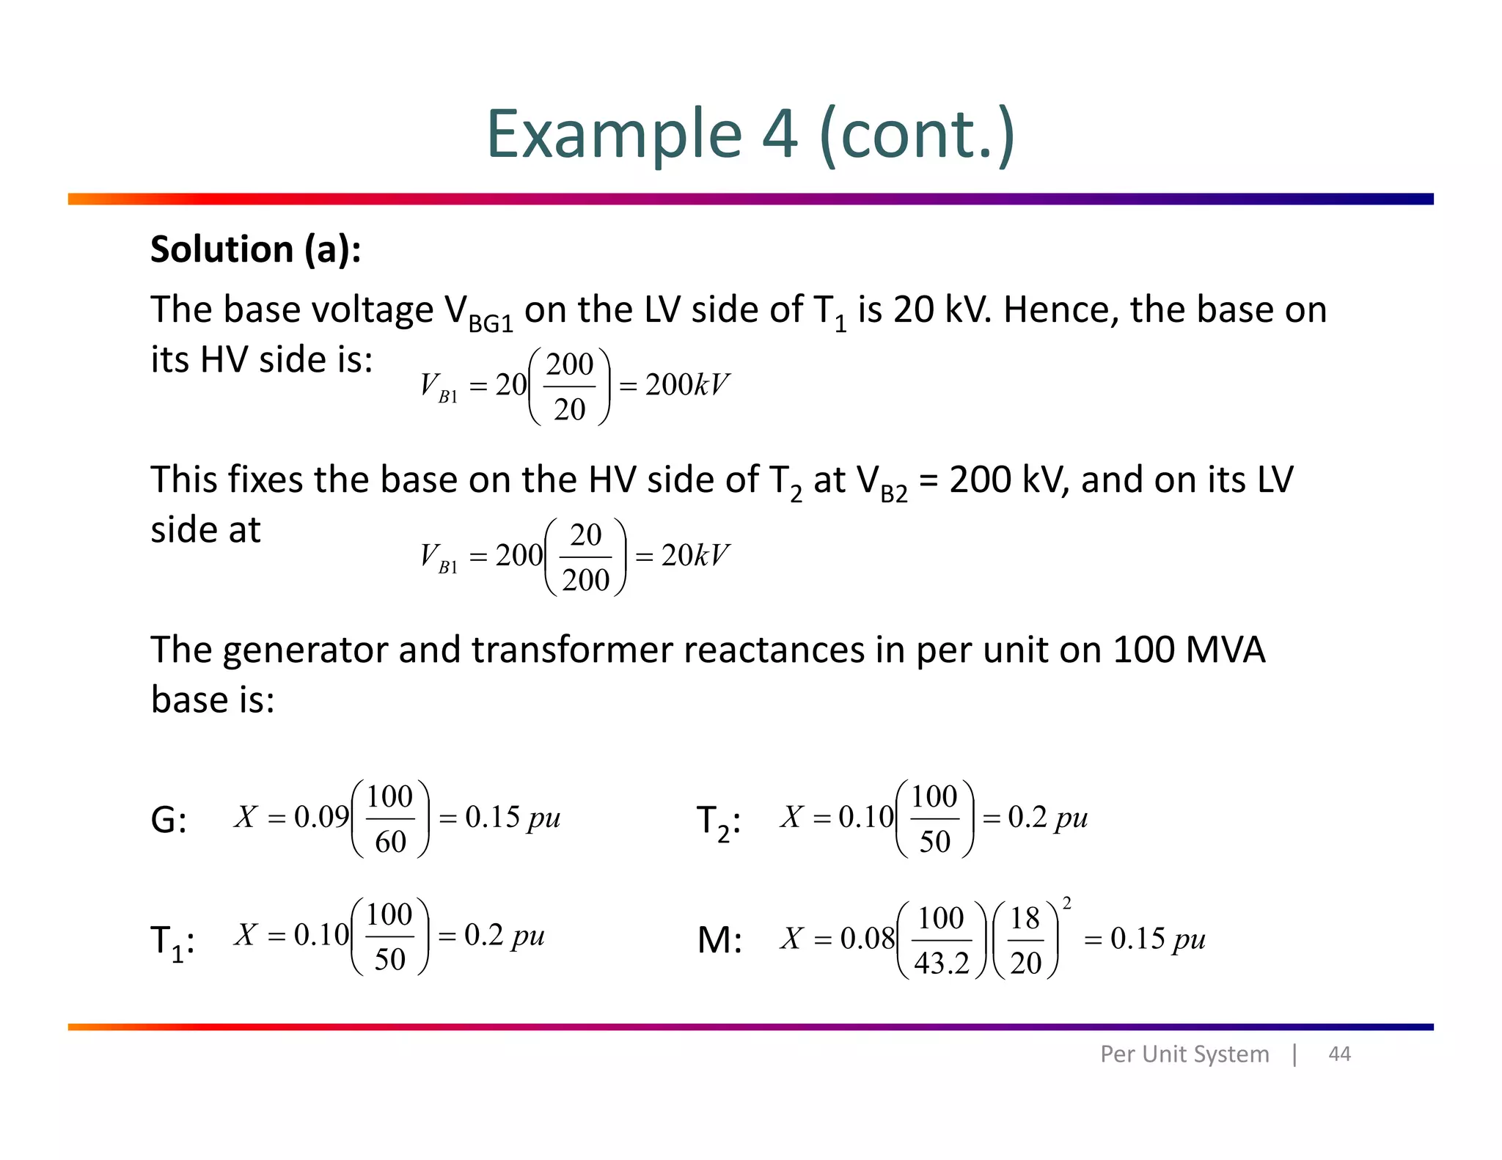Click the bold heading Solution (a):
[255, 249]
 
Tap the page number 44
[1339, 1054]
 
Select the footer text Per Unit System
[1184, 1054]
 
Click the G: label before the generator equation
[168, 820]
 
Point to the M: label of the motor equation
[719, 940]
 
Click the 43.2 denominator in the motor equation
[942, 963]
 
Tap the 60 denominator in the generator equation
[390, 842]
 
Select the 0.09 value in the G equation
[321, 817]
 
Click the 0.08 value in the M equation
[867, 939]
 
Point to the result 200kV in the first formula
[687, 385]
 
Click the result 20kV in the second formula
[695, 556]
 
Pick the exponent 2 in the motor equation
[1067, 903]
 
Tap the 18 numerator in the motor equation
[1025, 918]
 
